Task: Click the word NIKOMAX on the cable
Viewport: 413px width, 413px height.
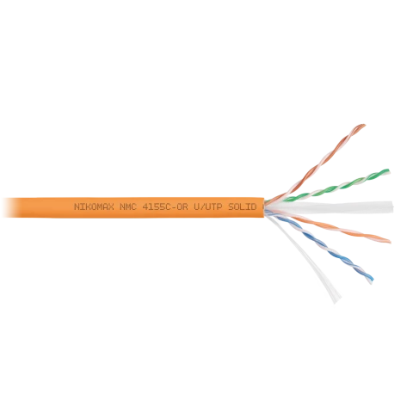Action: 94,206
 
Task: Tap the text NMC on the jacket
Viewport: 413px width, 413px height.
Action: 128,206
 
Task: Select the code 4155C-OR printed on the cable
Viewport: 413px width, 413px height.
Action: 165,206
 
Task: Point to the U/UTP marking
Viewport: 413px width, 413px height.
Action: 208,206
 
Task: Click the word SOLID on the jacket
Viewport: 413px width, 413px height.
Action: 243,206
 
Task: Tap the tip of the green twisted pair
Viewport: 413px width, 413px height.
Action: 388,171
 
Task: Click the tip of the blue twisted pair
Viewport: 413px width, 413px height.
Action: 371,280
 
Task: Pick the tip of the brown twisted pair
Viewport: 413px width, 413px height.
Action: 363,126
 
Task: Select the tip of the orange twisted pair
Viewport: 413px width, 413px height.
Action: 389,241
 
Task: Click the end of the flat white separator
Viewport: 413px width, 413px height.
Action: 391,206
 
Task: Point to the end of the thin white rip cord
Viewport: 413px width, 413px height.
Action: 337,299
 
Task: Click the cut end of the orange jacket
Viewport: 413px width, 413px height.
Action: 263,207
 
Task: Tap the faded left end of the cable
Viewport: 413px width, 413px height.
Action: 6,207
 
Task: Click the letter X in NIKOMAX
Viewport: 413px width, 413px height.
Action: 111,206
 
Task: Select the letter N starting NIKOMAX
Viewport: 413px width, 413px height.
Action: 77,206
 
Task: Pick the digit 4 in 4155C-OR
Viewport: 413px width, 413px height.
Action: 145,206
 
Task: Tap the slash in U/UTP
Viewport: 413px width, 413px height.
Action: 202,206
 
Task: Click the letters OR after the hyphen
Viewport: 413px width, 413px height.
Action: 182,206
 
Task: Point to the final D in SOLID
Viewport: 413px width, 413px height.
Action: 254,206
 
